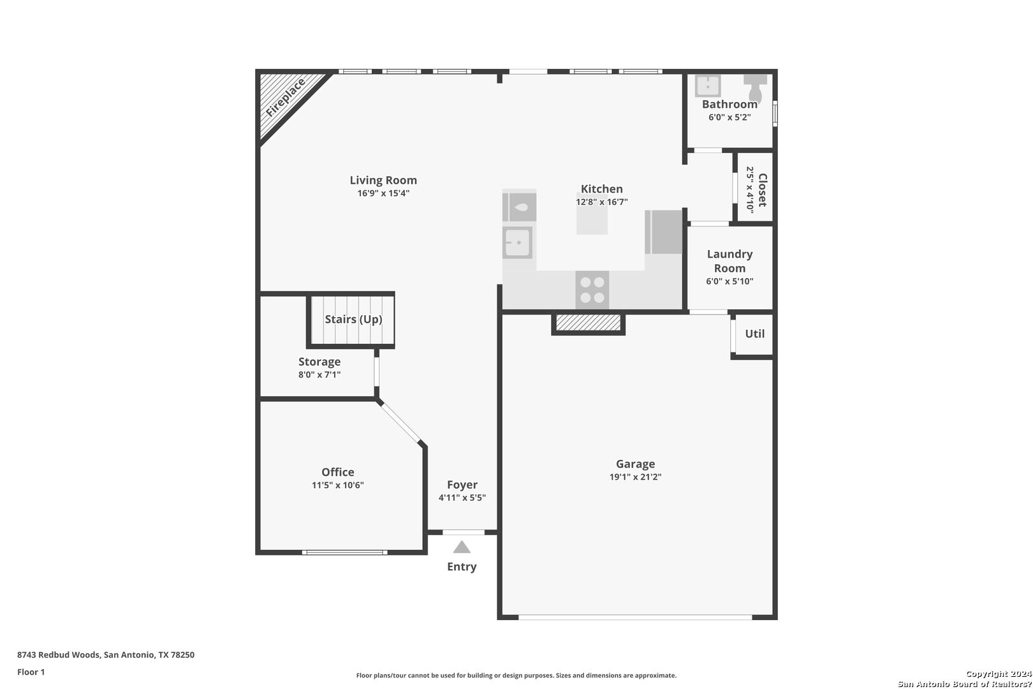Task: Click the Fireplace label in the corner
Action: [x=285, y=98]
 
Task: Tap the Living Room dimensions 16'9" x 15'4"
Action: [x=383, y=193]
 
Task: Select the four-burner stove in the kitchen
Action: [x=592, y=290]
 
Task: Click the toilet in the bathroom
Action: [x=756, y=87]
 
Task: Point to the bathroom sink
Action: [x=707, y=85]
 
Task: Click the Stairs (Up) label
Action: [x=353, y=319]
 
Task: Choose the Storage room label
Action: [x=319, y=362]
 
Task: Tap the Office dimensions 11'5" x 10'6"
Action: [x=337, y=485]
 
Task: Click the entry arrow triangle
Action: [x=462, y=547]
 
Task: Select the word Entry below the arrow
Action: [x=462, y=567]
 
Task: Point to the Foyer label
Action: [x=462, y=485]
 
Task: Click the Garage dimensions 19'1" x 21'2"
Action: [x=635, y=477]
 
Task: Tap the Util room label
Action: [x=754, y=334]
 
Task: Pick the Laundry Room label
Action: [x=729, y=261]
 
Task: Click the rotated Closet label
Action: [x=762, y=189]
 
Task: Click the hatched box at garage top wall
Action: [x=588, y=323]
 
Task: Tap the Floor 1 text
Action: [x=31, y=672]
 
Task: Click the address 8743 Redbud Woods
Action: [x=106, y=655]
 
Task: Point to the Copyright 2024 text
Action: [x=998, y=674]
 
